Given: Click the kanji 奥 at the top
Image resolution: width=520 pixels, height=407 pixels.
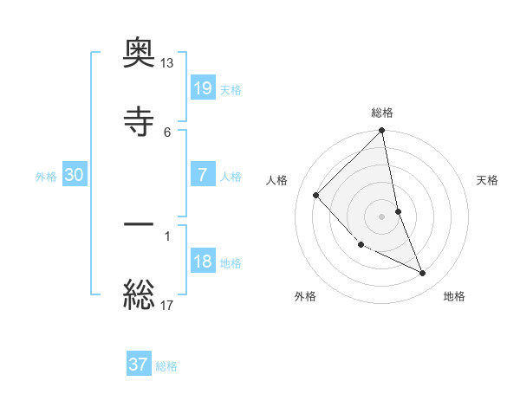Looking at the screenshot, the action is pos(139,54).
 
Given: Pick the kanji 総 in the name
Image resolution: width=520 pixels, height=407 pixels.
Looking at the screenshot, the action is pos(139,294).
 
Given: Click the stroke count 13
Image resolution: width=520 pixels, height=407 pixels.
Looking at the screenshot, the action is pos(167,64).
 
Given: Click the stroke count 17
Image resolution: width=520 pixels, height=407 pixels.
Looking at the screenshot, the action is pos(167,305).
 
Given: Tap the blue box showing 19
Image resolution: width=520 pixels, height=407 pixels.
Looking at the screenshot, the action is pos(202,88).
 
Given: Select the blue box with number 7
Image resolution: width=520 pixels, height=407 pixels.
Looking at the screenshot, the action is pos(202,175).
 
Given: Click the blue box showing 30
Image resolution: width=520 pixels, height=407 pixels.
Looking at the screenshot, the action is pos(75,175).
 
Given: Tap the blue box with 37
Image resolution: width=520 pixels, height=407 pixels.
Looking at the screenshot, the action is pos(139,365).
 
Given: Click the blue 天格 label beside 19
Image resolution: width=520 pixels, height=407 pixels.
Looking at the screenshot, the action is pos(231,89).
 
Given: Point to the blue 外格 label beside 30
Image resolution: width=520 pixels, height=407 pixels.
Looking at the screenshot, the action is pos(46,176).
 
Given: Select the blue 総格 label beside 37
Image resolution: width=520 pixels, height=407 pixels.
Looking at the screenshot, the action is pos(166,365).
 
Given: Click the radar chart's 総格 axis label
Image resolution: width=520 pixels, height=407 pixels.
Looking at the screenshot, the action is pos(382,113).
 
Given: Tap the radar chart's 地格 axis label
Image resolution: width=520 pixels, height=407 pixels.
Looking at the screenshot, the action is pos(454,296).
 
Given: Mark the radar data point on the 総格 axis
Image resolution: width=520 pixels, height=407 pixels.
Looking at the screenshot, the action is pos(382,132).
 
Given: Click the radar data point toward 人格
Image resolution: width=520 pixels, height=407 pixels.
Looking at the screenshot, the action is pos(316,196).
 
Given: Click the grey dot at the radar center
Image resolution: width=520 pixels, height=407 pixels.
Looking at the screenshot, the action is pos(382,216).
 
